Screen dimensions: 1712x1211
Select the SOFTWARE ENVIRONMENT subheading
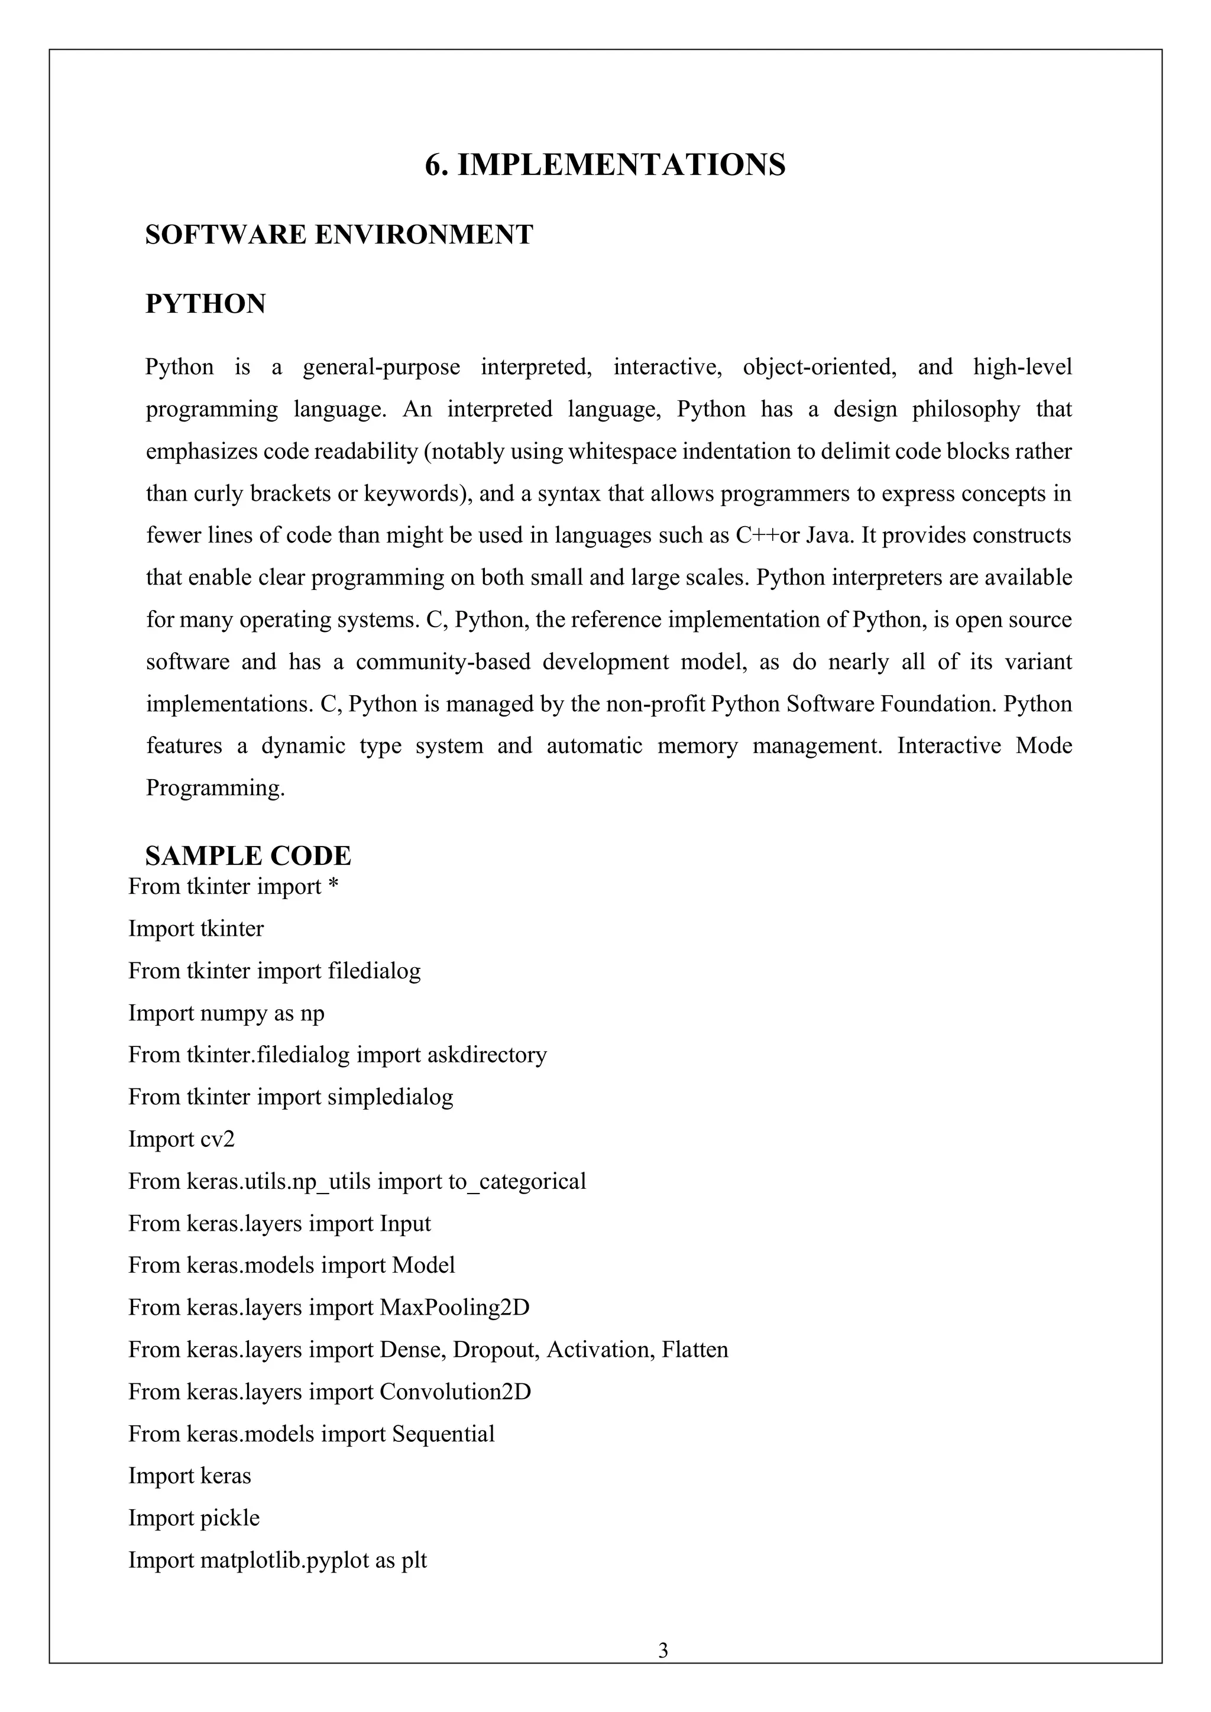[x=339, y=235]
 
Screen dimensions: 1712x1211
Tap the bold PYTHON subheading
[x=205, y=304]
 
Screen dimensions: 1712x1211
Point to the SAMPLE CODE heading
[x=248, y=856]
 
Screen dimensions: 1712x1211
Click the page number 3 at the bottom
[x=663, y=1651]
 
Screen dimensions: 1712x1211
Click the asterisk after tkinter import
[x=333, y=887]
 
